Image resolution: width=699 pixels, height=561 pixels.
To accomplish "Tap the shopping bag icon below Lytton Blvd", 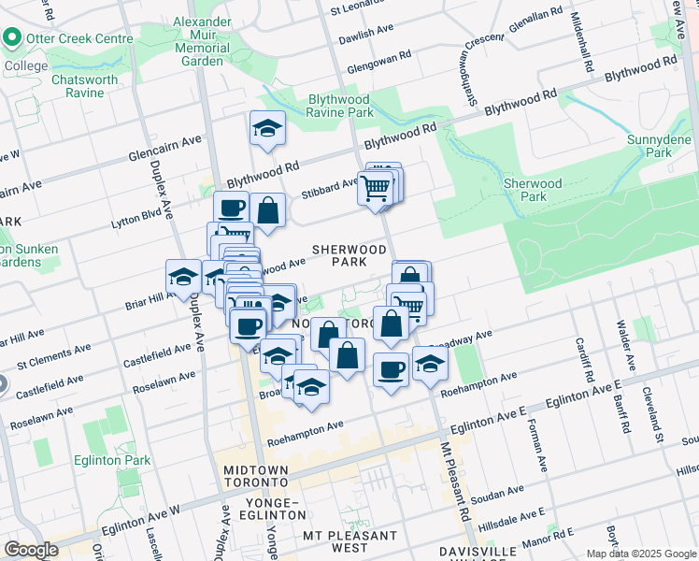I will tap(267, 210).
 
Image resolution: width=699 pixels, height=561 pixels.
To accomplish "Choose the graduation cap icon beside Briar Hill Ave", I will tap(183, 276).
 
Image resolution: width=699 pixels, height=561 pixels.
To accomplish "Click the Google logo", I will tap(31, 550).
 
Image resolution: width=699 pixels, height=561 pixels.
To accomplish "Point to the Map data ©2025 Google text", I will tap(640, 554).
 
